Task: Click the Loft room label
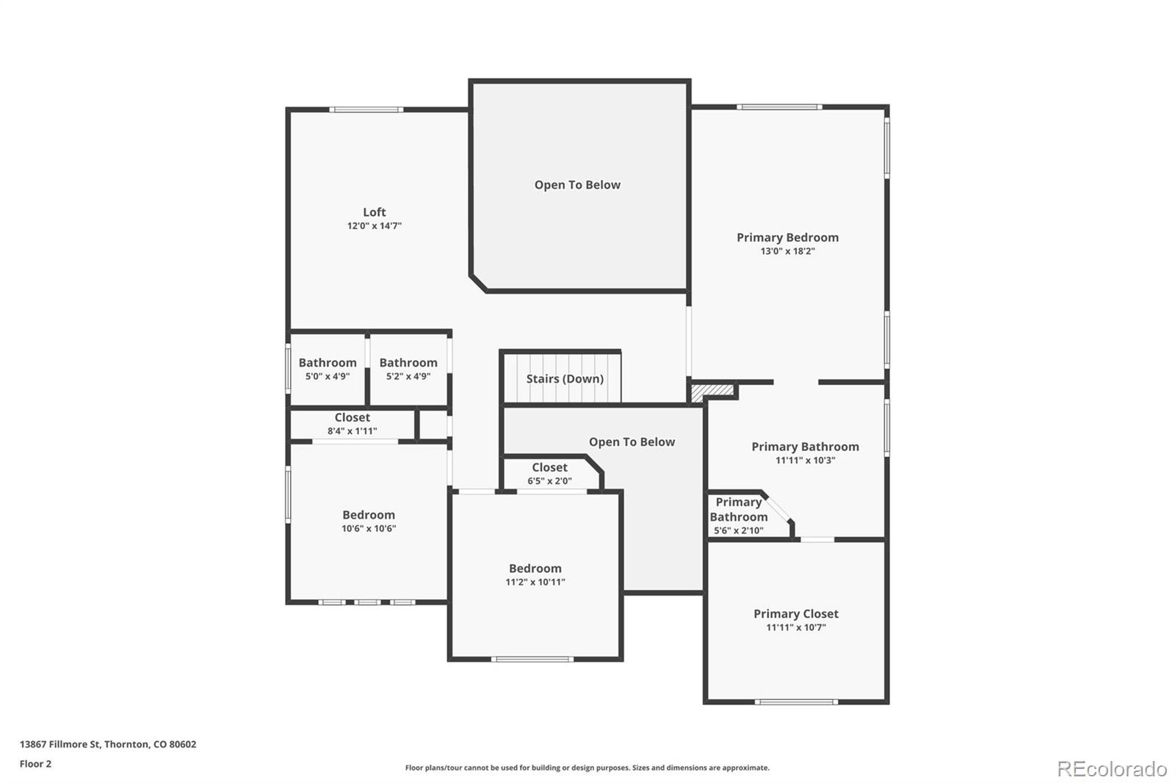[x=374, y=212]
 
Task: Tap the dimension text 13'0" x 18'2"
[x=787, y=251]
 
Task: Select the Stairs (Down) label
[x=564, y=379]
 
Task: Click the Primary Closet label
[x=795, y=614]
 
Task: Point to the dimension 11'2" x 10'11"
[x=535, y=582]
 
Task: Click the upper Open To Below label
[x=577, y=185]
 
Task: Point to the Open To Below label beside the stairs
[x=632, y=442]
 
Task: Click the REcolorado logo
[x=1111, y=769]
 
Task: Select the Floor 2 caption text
[x=35, y=764]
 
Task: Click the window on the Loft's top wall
[x=366, y=110]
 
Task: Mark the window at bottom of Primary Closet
[x=796, y=702]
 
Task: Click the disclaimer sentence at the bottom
[x=587, y=768]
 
